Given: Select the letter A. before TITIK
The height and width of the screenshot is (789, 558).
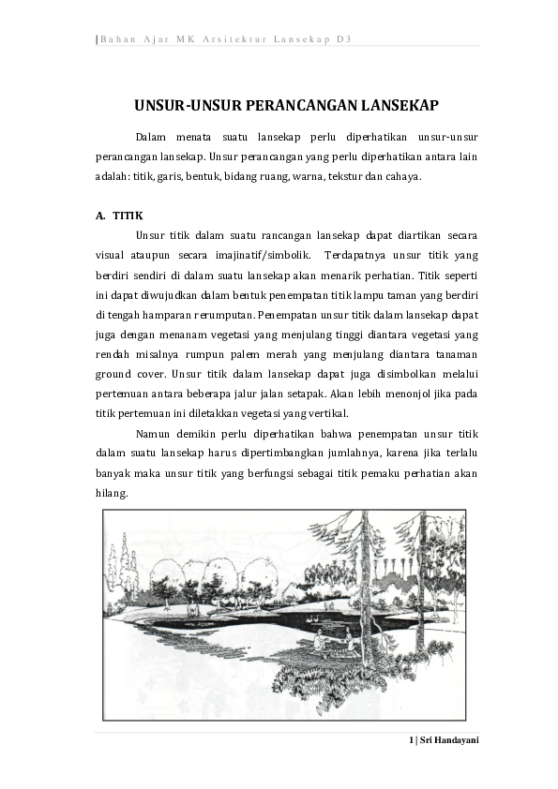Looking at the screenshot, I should pos(100,216).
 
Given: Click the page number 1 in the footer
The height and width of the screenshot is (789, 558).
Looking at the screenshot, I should pos(412,740).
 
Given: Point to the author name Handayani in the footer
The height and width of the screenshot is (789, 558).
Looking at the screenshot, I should pos(456,740).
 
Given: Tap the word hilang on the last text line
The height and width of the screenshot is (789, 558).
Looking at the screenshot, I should pos(112,493).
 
